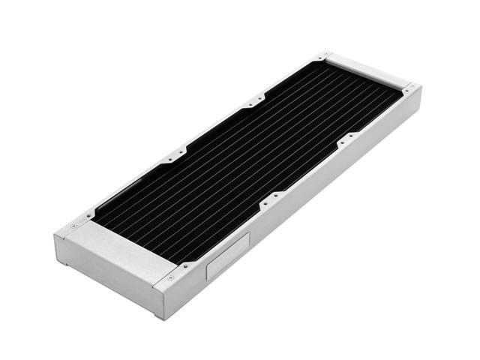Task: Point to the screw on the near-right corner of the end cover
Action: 171,277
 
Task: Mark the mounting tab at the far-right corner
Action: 409,88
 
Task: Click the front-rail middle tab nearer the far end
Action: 345,138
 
